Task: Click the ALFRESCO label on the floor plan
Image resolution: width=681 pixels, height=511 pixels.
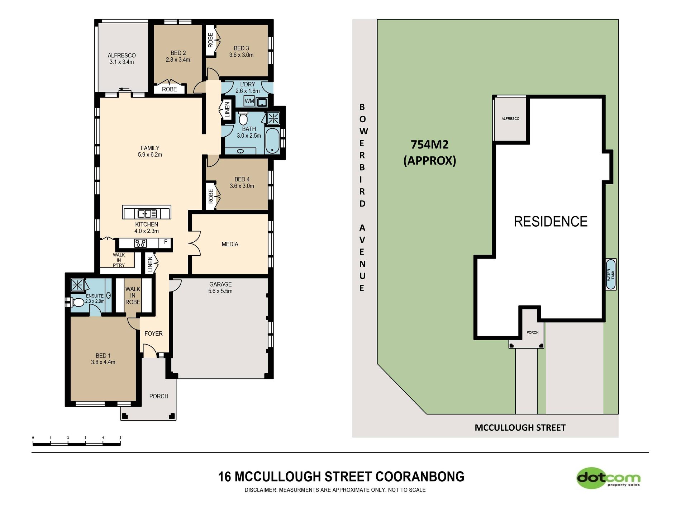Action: pos(122,58)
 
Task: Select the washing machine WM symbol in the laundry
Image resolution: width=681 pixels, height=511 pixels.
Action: pos(249,101)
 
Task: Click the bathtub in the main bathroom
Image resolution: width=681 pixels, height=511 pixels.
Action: pos(273,141)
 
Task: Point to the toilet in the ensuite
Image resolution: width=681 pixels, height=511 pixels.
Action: pos(76,302)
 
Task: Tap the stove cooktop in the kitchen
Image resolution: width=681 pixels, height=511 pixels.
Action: pos(140,243)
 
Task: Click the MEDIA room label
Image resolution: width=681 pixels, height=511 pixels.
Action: pos(230,244)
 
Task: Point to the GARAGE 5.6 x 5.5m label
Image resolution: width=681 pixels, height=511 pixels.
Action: pos(220,288)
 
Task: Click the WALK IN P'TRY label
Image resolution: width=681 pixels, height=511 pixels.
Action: pos(119,260)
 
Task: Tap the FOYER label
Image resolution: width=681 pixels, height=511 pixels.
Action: pos(153,333)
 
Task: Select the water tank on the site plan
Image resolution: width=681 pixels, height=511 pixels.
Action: pos(611,274)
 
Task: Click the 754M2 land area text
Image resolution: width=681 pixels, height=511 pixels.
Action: pos(429,145)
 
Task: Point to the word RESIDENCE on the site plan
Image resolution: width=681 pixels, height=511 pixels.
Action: pos(551,222)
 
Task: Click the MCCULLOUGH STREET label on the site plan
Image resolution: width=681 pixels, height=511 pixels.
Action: pos(520,427)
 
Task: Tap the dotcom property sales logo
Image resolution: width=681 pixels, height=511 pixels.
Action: pos(609,478)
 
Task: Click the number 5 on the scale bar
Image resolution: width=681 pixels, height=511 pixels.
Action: pos(120,438)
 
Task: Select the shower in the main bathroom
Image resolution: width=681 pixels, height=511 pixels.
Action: pos(273,118)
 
